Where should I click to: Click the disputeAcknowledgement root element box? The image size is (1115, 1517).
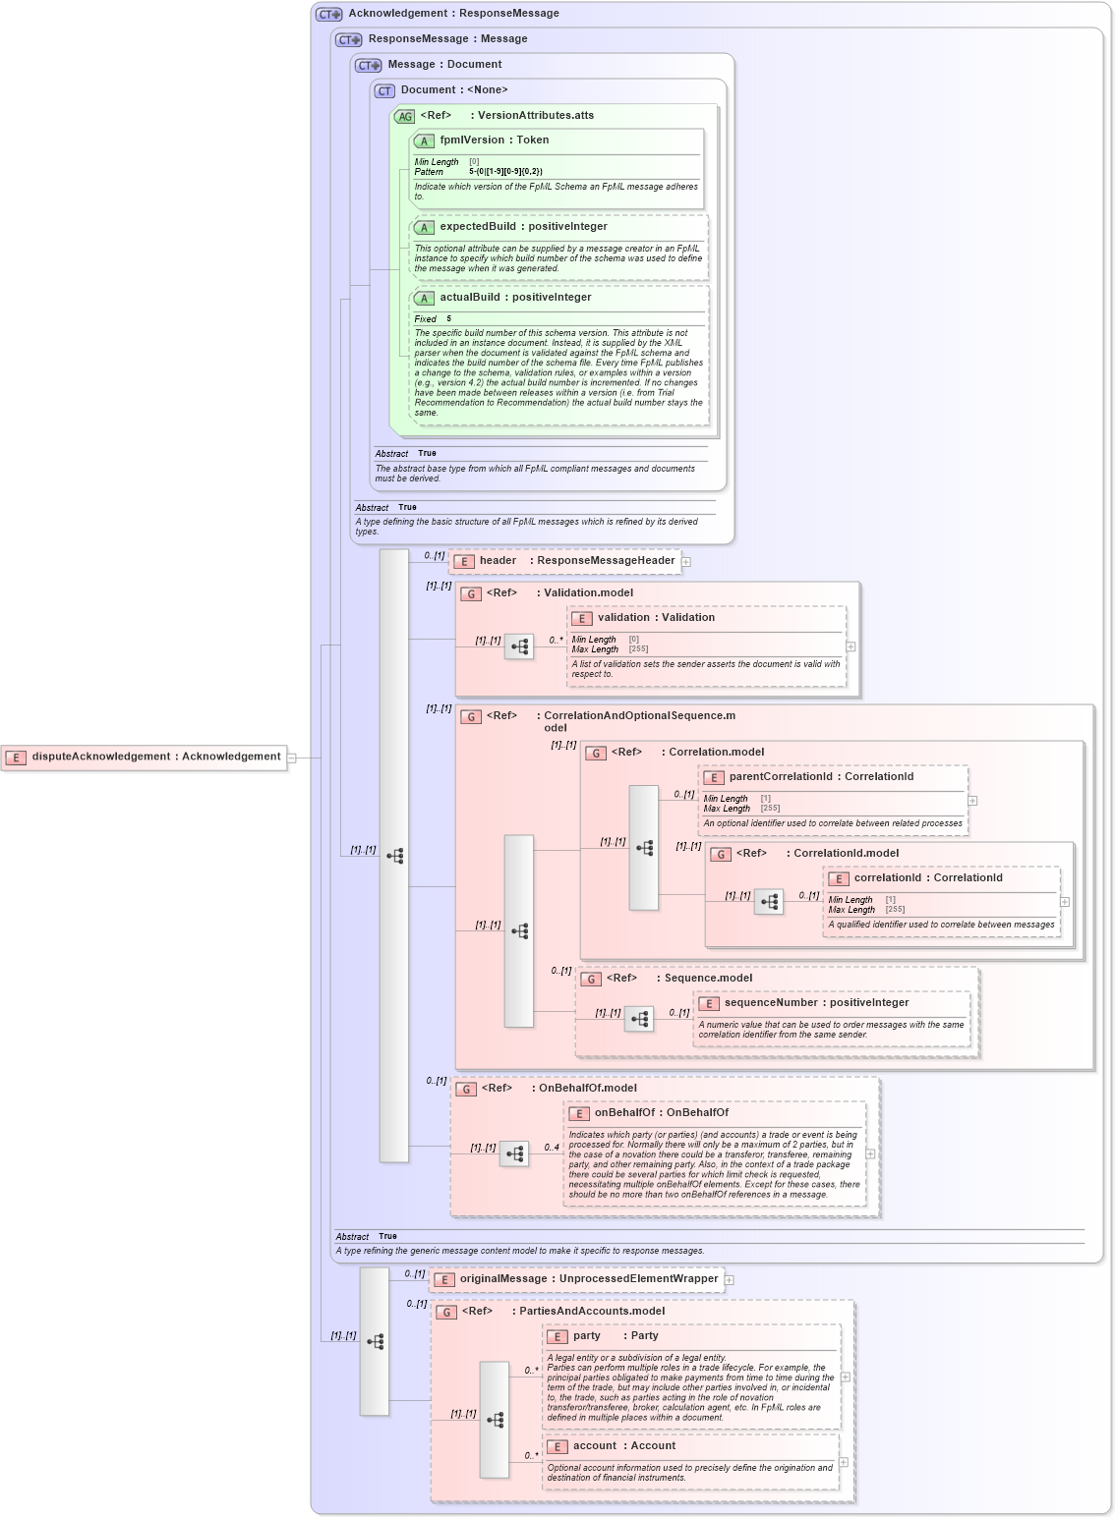(145, 757)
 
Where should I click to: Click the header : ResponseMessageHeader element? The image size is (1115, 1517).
(576, 561)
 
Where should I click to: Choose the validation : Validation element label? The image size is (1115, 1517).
(656, 618)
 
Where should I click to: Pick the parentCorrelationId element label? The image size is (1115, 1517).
(821, 777)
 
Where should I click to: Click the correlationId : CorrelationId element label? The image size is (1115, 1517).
(927, 878)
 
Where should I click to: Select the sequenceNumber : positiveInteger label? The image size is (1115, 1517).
(816, 1003)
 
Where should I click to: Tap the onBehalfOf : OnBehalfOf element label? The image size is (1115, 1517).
(661, 1113)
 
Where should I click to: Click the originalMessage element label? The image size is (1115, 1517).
(588, 1279)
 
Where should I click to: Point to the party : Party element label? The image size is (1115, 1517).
(616, 1336)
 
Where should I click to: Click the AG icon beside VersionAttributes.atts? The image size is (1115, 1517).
(405, 117)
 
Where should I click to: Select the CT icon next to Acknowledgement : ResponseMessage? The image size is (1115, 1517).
(328, 15)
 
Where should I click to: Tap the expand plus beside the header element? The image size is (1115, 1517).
(686, 562)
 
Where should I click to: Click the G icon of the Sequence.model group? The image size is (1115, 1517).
(591, 980)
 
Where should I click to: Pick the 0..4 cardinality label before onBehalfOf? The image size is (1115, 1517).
(552, 1148)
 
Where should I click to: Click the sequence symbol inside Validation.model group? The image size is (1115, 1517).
(519, 646)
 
